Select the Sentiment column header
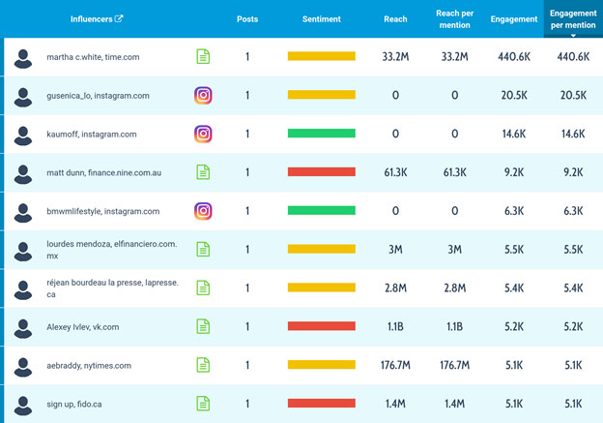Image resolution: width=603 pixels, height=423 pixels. (x=321, y=18)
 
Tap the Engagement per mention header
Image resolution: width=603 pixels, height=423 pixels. (x=573, y=18)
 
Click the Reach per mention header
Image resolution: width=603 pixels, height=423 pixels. (x=454, y=18)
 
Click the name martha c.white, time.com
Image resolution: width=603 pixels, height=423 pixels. (x=93, y=57)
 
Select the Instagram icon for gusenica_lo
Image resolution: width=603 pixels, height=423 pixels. (x=203, y=95)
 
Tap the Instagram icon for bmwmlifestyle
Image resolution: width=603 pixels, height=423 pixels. (x=203, y=210)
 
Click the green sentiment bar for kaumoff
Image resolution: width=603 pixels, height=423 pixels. (x=321, y=134)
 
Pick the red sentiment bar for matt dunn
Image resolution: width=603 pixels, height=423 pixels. (x=321, y=172)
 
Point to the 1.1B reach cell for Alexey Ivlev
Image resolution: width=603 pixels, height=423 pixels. (x=395, y=326)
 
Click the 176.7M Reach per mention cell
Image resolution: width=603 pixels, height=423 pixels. (x=454, y=365)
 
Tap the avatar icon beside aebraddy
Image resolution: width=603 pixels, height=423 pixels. (x=23, y=365)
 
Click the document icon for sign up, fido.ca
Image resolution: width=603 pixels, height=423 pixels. (x=203, y=403)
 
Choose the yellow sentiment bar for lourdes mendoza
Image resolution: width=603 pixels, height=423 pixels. (x=321, y=249)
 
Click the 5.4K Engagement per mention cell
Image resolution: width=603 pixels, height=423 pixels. (x=573, y=287)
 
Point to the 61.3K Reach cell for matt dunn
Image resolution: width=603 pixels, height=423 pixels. (x=395, y=172)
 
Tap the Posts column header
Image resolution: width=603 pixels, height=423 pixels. (x=247, y=18)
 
